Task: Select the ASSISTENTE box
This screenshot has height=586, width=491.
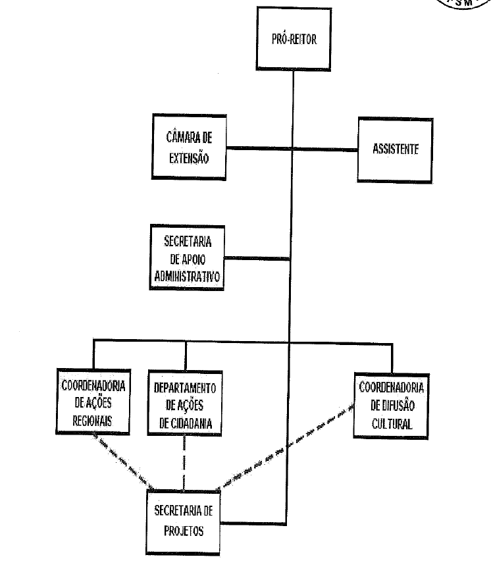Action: pyautogui.click(x=395, y=149)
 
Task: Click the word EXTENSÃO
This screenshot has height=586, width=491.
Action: pyautogui.click(x=190, y=158)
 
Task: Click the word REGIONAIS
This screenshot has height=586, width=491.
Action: pyautogui.click(x=92, y=416)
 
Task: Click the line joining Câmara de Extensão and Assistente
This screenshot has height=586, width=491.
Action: pyautogui.click(x=290, y=149)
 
